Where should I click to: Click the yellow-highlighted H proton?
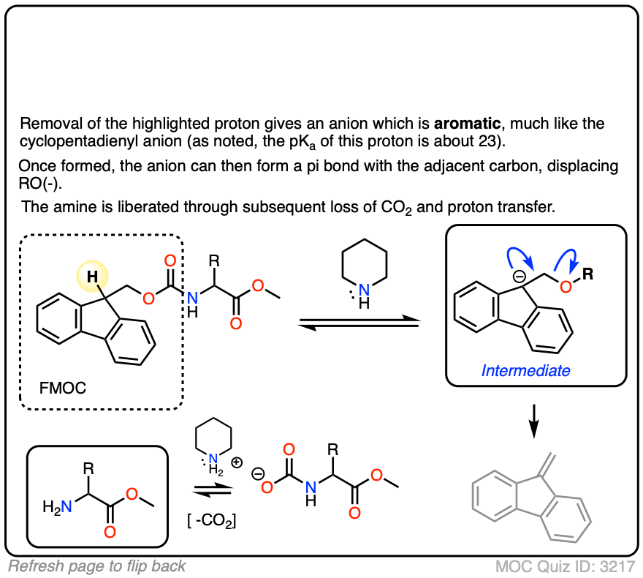tap(92, 276)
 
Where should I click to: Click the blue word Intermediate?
tap(525, 371)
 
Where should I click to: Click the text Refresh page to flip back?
tap(97, 566)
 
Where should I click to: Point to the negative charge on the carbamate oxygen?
tap(258, 475)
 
